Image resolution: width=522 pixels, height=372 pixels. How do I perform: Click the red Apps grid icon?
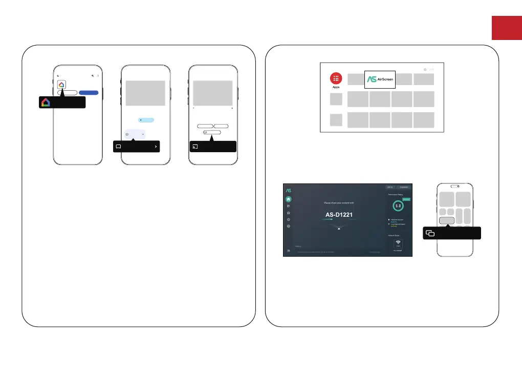tap(336, 78)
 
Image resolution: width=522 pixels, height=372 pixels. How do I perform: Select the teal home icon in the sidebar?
tap(289, 199)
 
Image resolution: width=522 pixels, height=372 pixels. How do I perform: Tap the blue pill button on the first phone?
tap(89, 93)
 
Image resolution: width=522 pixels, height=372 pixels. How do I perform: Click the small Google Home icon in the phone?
tap(61, 85)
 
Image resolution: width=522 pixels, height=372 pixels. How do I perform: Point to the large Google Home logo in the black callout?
tap(46, 102)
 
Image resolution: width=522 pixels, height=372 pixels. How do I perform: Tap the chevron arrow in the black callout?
tap(156, 147)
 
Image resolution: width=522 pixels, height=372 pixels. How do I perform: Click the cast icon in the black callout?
tap(195, 147)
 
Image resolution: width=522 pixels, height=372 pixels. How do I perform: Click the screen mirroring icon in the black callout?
tap(430, 234)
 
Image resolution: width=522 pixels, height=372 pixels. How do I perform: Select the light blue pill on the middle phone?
tap(146, 119)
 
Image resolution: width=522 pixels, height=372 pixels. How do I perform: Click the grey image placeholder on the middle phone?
tap(145, 93)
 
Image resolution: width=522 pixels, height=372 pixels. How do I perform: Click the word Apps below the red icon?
tap(336, 87)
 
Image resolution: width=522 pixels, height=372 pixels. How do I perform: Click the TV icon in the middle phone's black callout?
tap(118, 147)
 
